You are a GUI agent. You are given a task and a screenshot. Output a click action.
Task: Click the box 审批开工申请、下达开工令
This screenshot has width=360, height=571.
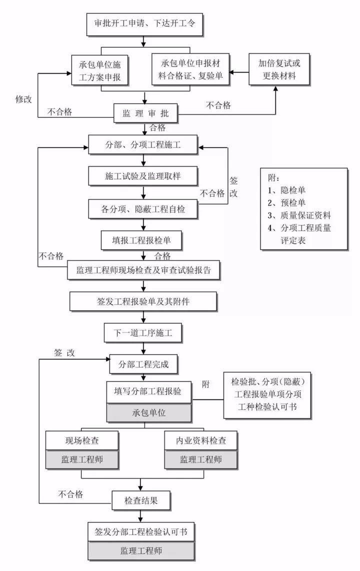(144, 23)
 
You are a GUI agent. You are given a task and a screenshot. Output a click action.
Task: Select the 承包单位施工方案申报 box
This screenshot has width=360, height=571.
(102, 70)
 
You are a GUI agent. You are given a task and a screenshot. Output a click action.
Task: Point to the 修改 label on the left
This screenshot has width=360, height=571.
(22, 99)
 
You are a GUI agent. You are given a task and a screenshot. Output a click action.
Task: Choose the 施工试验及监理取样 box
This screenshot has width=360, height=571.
(144, 176)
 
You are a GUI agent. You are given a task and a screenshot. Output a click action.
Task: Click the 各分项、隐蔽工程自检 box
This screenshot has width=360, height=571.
(144, 208)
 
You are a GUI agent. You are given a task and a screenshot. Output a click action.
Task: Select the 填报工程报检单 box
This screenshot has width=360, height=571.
(144, 240)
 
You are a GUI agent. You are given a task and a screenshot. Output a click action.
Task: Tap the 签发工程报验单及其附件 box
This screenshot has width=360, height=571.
(144, 301)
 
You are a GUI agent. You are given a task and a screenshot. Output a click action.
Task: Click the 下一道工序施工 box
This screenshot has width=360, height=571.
(144, 332)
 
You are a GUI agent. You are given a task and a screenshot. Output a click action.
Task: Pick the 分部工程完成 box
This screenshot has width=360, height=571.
(144, 364)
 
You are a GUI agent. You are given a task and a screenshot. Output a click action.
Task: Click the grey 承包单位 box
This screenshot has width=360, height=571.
(149, 413)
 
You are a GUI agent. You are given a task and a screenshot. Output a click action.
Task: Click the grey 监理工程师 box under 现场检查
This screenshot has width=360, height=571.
(82, 459)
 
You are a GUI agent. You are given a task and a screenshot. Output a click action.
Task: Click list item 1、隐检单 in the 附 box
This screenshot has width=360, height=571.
(287, 190)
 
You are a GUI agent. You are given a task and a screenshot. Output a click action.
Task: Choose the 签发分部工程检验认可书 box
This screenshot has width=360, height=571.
(141, 531)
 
